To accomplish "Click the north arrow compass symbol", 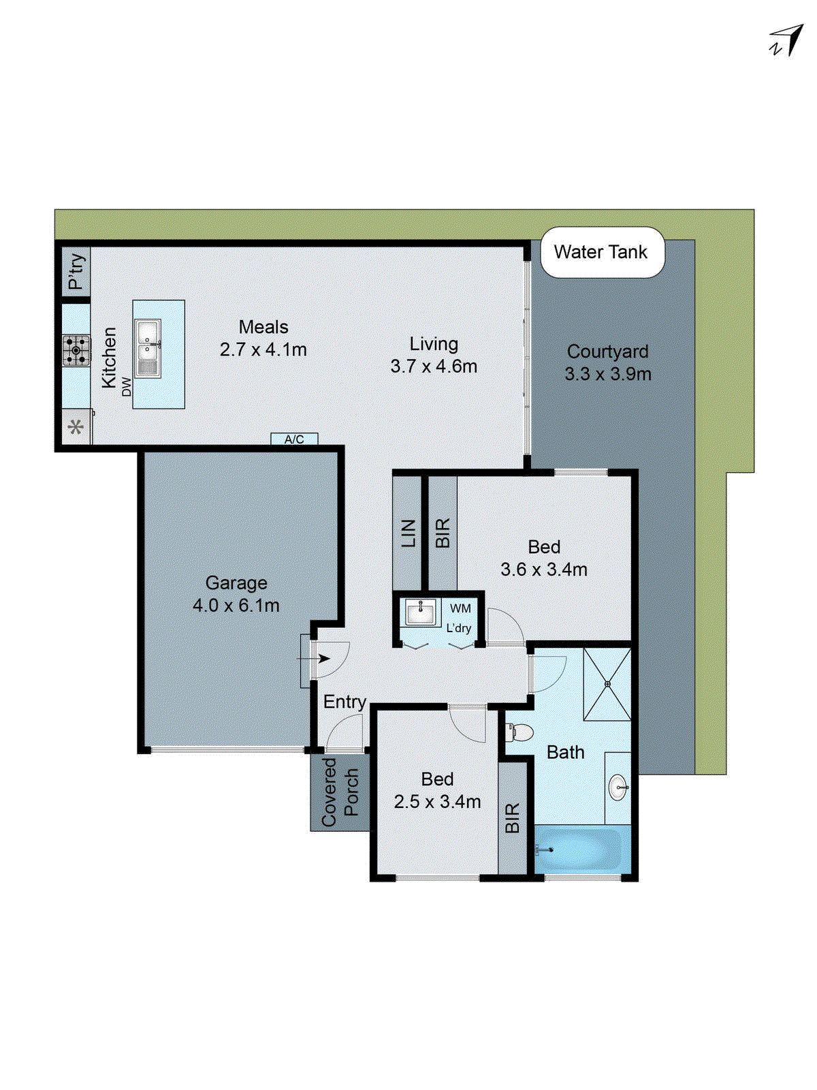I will (787, 41).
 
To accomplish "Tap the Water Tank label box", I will (602, 252).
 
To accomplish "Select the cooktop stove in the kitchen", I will (76, 351).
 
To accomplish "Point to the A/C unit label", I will (294, 439).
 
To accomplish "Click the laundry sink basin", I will (419, 612).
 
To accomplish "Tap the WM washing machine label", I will (460, 608).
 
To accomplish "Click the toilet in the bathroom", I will (520, 733).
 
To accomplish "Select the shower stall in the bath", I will (607, 684).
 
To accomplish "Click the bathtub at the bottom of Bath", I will (579, 849).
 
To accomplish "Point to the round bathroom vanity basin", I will (618, 788).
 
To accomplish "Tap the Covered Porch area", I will (340, 792).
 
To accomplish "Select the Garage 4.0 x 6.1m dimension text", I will (236, 605).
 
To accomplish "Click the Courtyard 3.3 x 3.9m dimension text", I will (607, 374).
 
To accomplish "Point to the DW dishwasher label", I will (127, 386).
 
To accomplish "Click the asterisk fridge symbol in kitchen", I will (76, 427).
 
